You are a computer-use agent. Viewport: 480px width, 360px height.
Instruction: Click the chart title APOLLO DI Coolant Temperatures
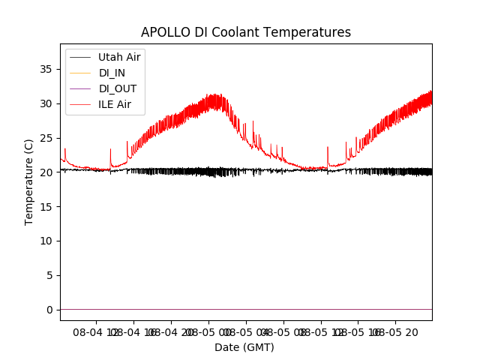[x=246, y=32]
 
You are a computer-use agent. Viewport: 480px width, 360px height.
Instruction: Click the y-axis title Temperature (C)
[x=29, y=181]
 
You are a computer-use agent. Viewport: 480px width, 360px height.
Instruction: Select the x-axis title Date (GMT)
[x=244, y=347]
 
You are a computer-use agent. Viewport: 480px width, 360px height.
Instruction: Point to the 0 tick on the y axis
[x=50, y=310]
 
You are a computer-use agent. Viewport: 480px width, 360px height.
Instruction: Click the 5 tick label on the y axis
[x=50, y=275]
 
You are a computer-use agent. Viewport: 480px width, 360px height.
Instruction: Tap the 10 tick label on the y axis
[x=47, y=241]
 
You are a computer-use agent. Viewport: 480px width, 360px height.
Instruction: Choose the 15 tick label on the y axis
[x=47, y=206]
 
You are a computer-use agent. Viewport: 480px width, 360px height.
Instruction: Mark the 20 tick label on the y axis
[x=47, y=172]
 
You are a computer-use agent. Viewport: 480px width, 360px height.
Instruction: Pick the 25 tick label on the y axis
[x=47, y=138]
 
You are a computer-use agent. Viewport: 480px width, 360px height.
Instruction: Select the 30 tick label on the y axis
[x=47, y=103]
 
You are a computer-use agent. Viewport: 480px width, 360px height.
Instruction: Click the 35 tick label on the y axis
[x=47, y=69]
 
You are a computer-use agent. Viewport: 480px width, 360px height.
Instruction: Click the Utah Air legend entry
[x=118, y=57]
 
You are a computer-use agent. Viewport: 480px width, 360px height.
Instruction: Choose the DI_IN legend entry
[x=112, y=73]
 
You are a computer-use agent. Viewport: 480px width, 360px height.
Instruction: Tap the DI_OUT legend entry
[x=117, y=88]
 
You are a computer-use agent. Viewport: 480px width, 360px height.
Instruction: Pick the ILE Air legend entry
[x=114, y=104]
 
